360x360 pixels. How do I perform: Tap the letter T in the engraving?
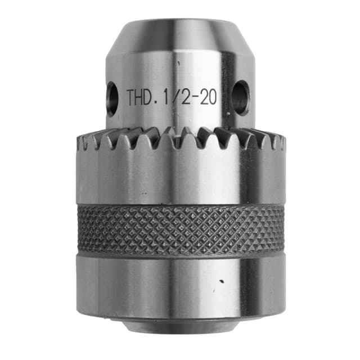pos(132,97)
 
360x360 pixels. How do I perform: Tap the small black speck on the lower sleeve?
pos(221,281)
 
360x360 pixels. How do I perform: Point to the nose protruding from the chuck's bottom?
pos(180,326)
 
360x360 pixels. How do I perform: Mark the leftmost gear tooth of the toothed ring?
pos(83,144)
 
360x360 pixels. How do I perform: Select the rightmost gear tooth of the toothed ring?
pos(277,144)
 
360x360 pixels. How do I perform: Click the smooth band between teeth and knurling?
pos(180,180)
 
